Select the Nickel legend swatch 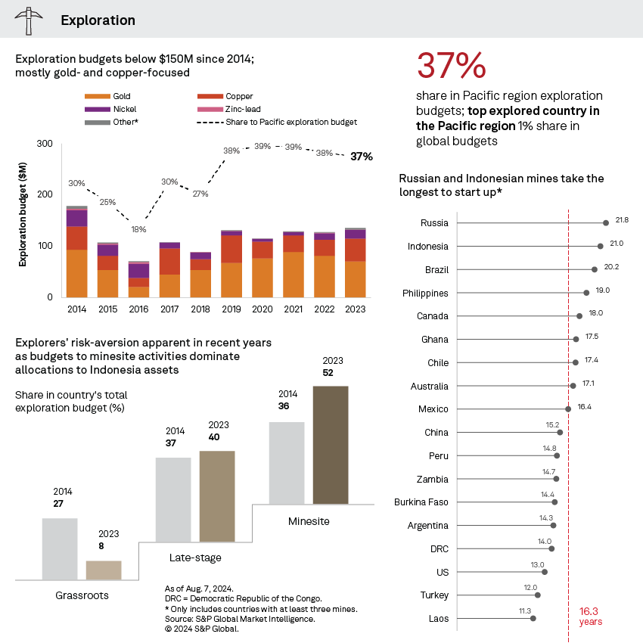(97, 109)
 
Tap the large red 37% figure (452, 67)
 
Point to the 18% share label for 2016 (138, 228)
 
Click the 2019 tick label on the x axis (231, 309)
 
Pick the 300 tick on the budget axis (45, 144)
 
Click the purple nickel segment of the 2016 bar (138, 270)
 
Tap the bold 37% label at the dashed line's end (361, 157)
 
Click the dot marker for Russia (606, 223)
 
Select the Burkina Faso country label (421, 502)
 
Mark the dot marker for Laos (533, 619)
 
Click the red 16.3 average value (590, 610)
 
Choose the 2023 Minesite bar (331, 444)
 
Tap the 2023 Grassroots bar (104, 570)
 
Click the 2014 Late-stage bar (173, 499)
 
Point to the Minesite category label (309, 522)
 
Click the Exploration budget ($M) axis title (23, 220)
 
